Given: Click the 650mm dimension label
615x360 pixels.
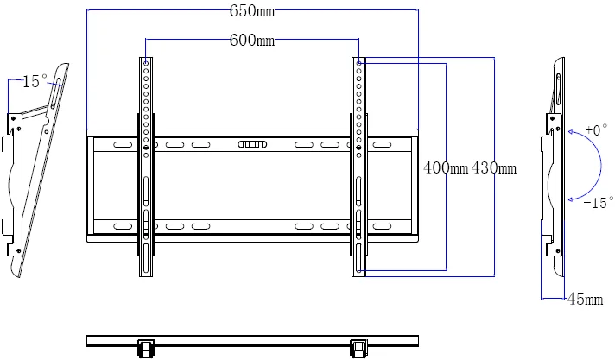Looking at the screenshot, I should [252, 11].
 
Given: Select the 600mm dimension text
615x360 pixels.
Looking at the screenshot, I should [252, 41].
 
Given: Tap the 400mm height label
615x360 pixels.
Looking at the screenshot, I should [446, 168].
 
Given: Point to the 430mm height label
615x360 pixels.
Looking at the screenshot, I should [494, 168].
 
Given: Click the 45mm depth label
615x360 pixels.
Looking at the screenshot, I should [584, 300].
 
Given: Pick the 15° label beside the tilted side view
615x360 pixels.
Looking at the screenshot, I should [35, 81].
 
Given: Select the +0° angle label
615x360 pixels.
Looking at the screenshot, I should [595, 130].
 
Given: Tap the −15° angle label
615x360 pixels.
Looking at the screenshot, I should [597, 203].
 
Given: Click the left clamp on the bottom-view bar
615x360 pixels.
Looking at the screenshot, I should [145, 347].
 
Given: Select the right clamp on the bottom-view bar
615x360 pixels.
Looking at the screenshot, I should [358, 347].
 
